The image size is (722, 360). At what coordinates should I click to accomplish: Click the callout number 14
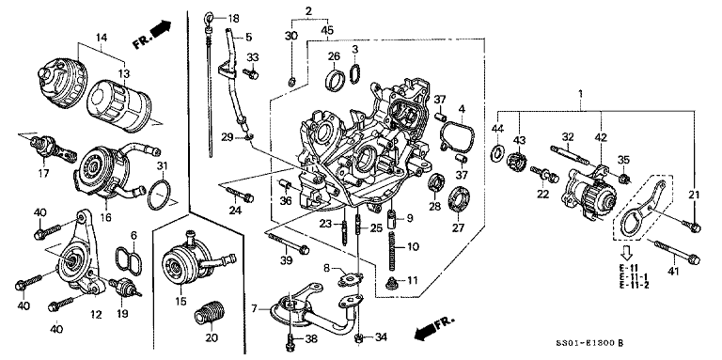point(101,38)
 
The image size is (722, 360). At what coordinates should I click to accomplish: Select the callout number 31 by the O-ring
point(162,167)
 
